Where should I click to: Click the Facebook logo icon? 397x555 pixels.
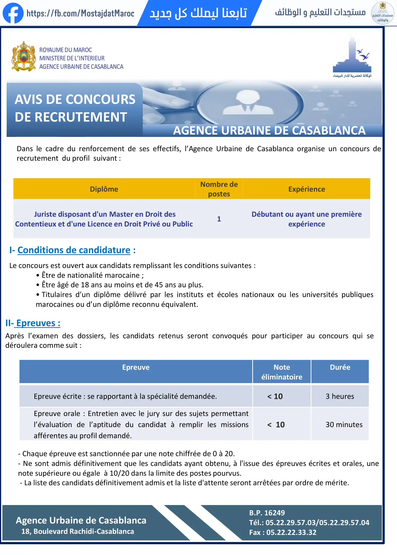13,13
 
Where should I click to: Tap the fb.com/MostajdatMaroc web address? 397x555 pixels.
80,13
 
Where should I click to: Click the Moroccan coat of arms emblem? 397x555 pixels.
24,56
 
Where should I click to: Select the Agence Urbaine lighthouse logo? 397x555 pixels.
352,57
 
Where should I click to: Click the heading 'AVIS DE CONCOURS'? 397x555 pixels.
75,100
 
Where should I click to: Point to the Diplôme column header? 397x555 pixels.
104,189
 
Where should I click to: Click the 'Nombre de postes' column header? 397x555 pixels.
219,189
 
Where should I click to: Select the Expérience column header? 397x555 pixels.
306,189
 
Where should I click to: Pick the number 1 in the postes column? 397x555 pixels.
219,219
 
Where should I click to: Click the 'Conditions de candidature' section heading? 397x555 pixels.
74,250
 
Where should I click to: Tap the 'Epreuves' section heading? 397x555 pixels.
38,323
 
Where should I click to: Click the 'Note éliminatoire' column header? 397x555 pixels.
282,372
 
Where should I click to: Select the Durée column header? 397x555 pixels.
340,367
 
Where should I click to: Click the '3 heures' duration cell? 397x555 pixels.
340,396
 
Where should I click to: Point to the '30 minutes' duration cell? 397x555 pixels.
344,424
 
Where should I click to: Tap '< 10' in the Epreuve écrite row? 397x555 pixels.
275,396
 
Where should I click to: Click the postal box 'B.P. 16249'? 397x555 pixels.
267,513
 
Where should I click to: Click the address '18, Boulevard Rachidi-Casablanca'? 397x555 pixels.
78,531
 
